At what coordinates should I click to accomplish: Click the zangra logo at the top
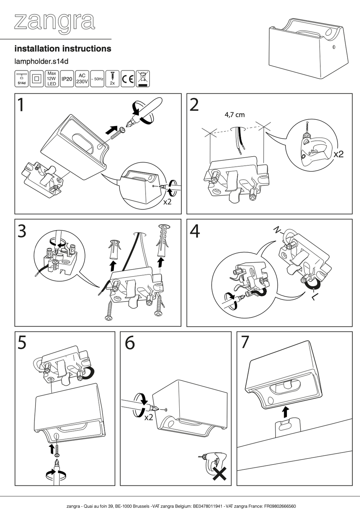click(x=54, y=23)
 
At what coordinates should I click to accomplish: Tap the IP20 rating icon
click(x=67, y=79)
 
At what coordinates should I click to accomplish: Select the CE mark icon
click(x=128, y=79)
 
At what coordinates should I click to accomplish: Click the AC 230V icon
click(x=82, y=79)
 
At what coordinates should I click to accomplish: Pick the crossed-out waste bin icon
click(x=143, y=79)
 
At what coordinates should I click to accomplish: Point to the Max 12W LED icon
click(x=52, y=79)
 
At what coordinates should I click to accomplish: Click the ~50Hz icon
click(x=97, y=79)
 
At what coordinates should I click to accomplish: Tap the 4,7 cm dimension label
click(x=234, y=114)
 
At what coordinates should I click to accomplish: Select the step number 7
click(x=245, y=342)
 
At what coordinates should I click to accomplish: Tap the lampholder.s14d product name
click(x=41, y=62)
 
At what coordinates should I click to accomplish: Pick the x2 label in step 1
click(x=167, y=202)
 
